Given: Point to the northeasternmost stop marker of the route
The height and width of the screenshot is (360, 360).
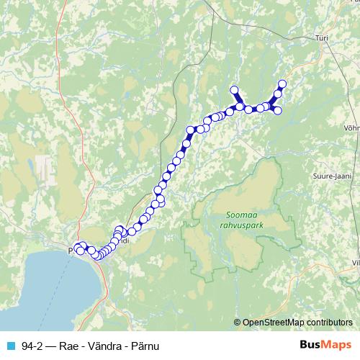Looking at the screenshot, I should (x=282, y=84).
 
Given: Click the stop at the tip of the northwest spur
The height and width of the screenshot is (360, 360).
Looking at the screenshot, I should (x=233, y=90).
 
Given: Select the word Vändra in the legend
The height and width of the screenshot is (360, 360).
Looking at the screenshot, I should (x=107, y=346).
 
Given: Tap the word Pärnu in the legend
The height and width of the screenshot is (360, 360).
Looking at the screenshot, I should (x=145, y=346).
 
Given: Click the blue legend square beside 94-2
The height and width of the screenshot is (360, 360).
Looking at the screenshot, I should (x=11, y=346).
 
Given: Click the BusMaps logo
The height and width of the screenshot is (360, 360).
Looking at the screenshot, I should (x=325, y=345).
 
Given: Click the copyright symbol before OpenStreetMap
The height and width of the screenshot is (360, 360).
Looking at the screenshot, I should (x=238, y=323).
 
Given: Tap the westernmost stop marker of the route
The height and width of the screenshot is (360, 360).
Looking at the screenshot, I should (x=77, y=249).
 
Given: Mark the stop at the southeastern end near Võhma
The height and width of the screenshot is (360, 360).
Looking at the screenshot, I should (x=277, y=110).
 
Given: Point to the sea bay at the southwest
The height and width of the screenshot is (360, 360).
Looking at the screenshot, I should (x=43, y=288).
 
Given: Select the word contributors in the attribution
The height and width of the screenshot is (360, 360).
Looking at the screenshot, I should (x=330, y=323).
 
